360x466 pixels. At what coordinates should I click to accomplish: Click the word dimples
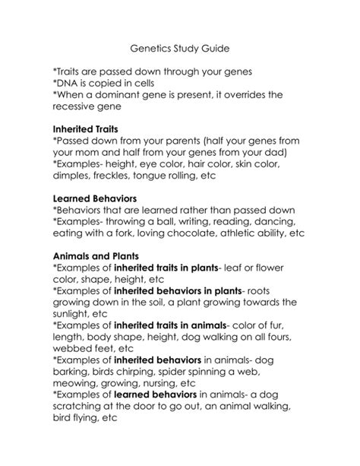(74, 174)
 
